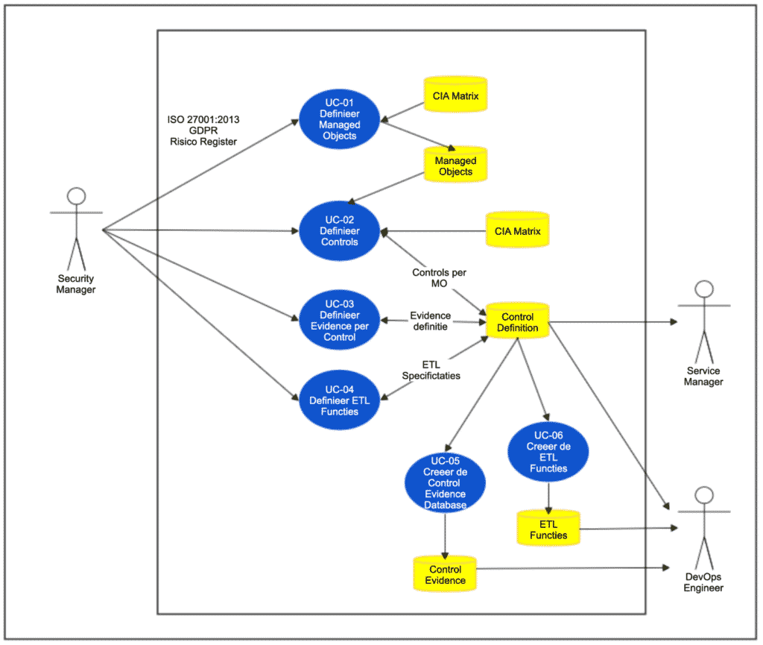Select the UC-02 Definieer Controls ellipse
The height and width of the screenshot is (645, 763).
click(339, 231)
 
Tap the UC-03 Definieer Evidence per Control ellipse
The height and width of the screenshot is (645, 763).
click(339, 321)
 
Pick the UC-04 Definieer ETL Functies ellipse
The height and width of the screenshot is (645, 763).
click(339, 401)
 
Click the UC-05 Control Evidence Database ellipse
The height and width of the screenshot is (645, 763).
click(445, 483)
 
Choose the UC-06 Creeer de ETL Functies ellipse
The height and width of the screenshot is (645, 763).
click(548, 452)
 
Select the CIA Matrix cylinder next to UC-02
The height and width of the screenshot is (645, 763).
click(517, 231)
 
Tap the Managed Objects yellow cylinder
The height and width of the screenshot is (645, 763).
click(455, 166)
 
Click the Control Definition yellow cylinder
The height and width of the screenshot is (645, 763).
click(517, 322)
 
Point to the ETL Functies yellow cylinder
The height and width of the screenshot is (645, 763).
click(548, 529)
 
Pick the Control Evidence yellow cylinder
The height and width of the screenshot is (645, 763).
click(445, 575)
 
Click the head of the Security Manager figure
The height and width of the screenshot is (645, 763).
click(76, 196)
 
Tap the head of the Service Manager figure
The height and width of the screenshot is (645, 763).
click(703, 290)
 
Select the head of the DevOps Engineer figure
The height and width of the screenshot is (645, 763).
click(703, 495)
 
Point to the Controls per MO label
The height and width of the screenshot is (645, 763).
click(440, 278)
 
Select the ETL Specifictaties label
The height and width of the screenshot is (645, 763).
click(431, 370)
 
